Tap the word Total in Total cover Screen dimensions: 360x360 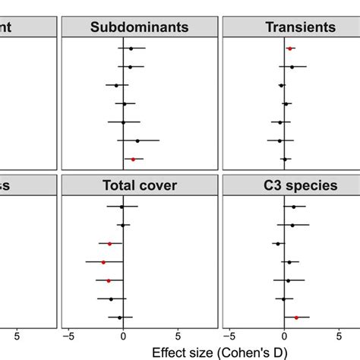point(115,185)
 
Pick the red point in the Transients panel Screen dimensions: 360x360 point(289,49)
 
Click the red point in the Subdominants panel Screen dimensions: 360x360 point(133,159)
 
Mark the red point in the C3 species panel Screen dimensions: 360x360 point(296,317)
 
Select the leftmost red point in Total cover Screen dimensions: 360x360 point(103,262)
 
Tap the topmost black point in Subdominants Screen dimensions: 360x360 point(131,49)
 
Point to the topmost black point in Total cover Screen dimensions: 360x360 point(122,207)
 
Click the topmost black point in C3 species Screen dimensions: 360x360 point(294,207)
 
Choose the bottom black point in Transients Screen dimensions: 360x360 point(285,159)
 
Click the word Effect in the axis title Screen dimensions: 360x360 point(169,352)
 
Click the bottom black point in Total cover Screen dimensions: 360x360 point(119,317)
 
